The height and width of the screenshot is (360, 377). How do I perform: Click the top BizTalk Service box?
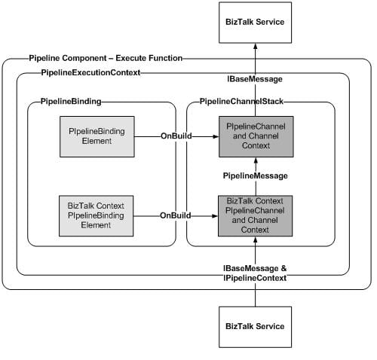(256, 23)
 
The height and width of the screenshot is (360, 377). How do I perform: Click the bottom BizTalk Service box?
(256, 327)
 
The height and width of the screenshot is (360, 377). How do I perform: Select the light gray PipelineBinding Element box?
(97, 136)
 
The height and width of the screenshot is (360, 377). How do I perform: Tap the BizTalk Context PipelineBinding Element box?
(97, 216)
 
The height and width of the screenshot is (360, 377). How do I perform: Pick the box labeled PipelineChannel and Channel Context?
(256, 136)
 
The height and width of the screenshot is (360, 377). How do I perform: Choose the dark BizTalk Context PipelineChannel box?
(256, 216)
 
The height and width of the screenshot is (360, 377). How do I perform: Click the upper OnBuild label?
(176, 136)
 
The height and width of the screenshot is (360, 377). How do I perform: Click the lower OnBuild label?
(176, 215)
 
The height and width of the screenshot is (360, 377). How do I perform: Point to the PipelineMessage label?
(256, 175)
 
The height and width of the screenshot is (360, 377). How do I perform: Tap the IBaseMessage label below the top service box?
(255, 79)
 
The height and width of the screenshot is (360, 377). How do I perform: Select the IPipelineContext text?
(255, 278)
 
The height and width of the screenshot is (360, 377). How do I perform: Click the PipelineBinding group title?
(71, 102)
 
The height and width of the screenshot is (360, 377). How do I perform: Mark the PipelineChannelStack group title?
(241, 102)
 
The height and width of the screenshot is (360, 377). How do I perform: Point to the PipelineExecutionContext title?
(90, 73)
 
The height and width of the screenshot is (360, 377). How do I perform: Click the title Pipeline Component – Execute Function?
(106, 58)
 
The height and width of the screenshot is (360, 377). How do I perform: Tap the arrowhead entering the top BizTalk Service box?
(256, 46)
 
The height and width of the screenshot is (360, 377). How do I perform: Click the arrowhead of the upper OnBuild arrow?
(216, 136)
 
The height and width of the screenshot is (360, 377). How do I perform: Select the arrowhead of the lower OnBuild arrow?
(215, 216)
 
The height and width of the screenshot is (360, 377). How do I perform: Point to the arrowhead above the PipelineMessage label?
(256, 160)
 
